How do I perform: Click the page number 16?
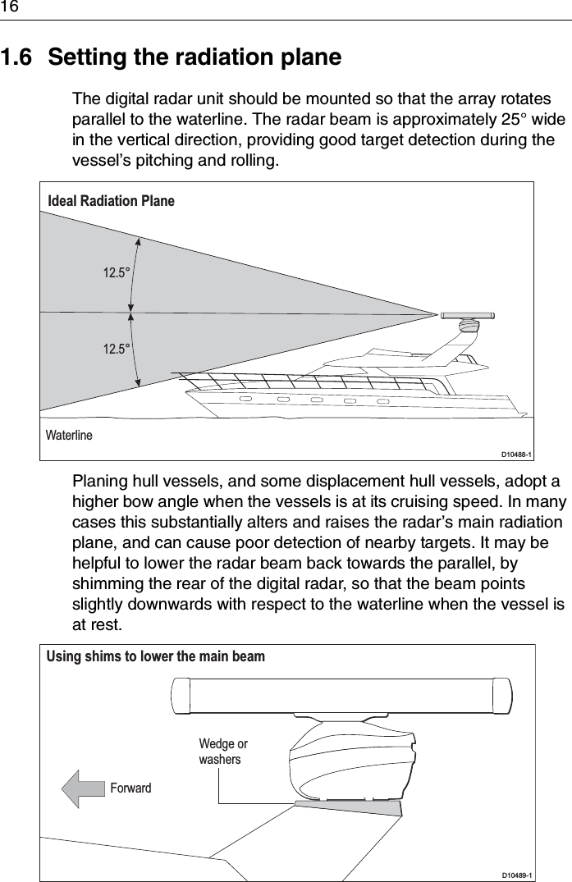coord(9,7)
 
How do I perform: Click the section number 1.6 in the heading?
coord(18,58)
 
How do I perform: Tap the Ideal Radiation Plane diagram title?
coord(112,200)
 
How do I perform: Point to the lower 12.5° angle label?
coord(117,350)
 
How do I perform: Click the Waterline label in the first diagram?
coord(70,435)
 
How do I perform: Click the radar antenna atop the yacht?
coord(466,316)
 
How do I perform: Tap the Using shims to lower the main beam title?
coord(156,656)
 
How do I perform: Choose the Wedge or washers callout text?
coord(222,752)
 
